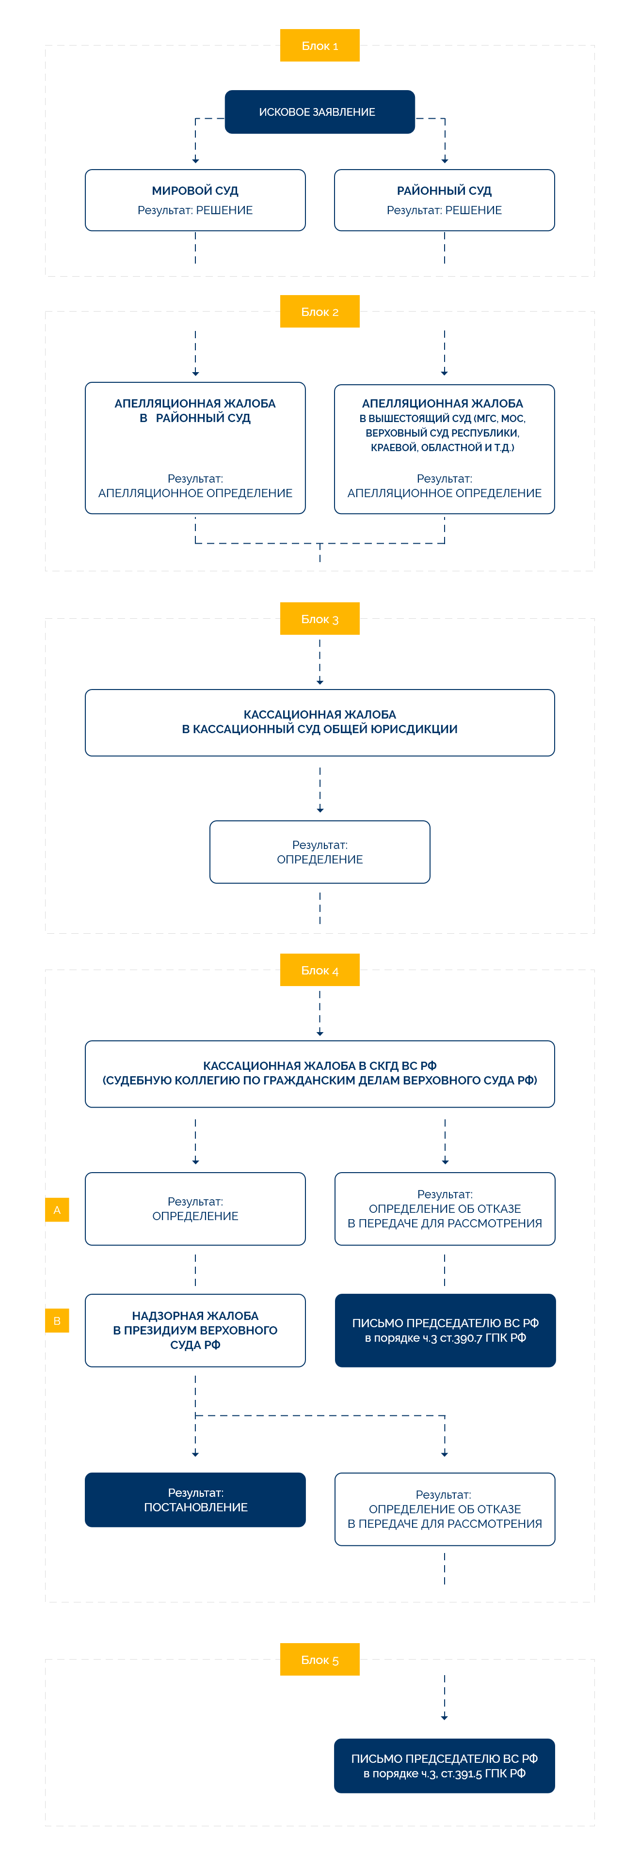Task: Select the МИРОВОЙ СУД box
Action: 195,200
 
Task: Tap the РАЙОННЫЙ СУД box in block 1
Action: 444,200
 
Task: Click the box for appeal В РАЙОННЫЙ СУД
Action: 195,448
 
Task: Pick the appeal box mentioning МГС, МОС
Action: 444,449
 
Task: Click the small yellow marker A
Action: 57,1209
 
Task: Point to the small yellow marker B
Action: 57,1320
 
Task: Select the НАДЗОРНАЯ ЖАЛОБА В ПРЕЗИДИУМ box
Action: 195,1331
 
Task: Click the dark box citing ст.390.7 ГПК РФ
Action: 445,1331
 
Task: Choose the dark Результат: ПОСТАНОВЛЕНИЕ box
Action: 195,1500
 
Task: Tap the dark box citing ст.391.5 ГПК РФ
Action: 444,1766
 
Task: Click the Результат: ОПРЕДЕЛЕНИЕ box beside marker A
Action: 195,1209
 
